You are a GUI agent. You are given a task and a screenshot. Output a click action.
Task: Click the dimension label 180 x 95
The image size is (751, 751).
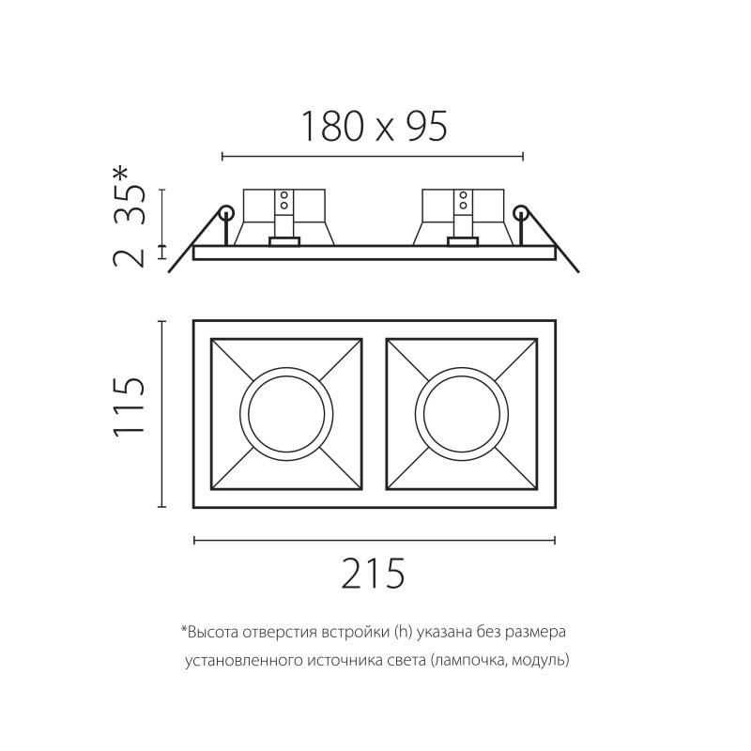tap(373, 126)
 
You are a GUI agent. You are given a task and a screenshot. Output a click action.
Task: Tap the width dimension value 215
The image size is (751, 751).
tap(373, 574)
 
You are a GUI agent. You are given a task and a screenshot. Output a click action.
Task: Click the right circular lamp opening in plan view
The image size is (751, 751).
tap(460, 414)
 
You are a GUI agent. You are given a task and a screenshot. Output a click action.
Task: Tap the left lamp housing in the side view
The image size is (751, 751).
tap(284, 216)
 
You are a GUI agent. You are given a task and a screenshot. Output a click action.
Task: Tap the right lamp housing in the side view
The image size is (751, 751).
tap(461, 216)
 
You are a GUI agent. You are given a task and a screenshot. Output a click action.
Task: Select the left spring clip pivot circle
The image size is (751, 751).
tap(225, 213)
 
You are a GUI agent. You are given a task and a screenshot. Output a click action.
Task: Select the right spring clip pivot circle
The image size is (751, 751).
tap(521, 213)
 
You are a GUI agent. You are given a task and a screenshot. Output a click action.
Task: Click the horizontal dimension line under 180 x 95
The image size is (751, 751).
tap(373, 155)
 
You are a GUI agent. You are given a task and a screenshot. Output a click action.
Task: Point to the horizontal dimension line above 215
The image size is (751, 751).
tap(373, 540)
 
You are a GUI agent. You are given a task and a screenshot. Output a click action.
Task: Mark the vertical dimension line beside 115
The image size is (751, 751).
tap(163, 414)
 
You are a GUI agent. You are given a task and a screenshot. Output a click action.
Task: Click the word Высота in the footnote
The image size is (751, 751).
tap(209, 632)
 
